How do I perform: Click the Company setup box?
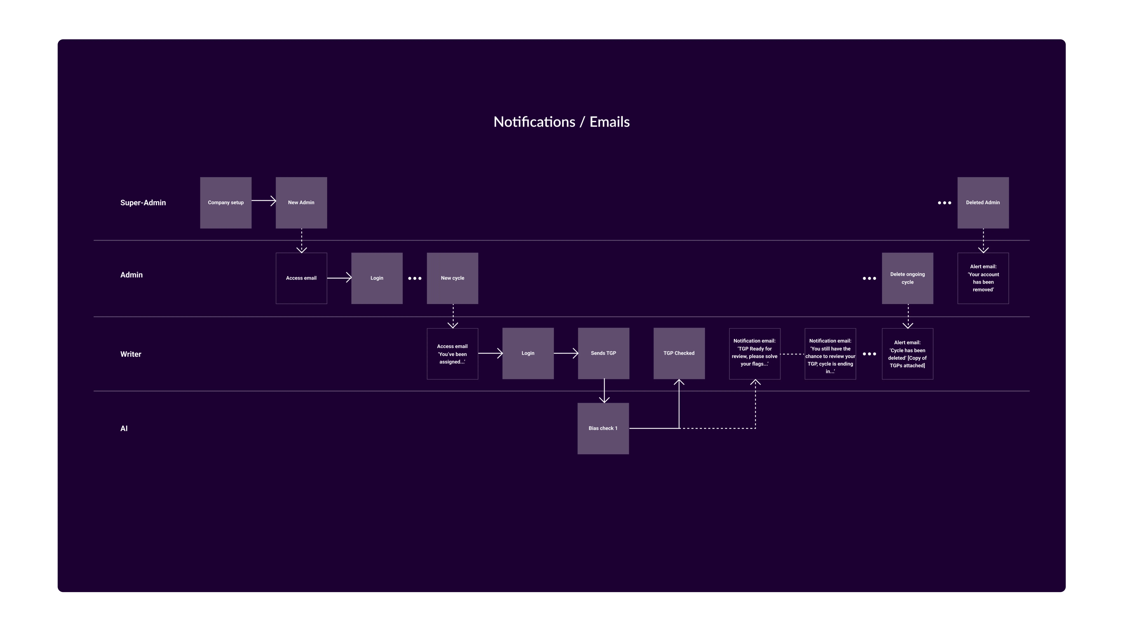tap(226, 202)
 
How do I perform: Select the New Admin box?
tap(301, 202)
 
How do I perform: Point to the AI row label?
tap(124, 428)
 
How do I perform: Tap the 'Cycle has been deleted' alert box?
tap(908, 354)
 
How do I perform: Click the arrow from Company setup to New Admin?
tap(264, 201)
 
